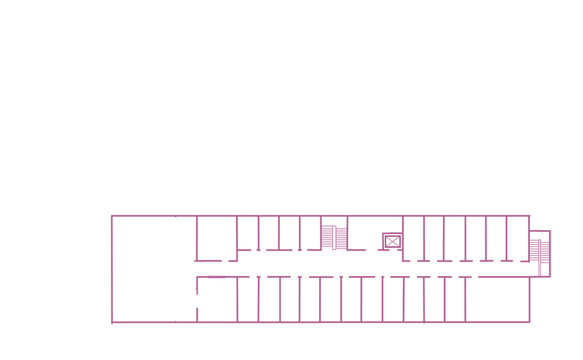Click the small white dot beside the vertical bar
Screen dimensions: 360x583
pyautogui.click(x=208, y=270)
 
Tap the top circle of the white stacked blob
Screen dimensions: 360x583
pyautogui.click(x=176, y=229)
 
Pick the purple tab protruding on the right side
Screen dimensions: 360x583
pyautogui.click(x=544, y=254)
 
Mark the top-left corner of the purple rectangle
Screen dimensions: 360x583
pyautogui.click(x=111, y=215)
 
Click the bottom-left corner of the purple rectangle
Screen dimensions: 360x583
pyautogui.click(x=111, y=323)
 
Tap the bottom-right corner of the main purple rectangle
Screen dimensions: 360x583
pyautogui.click(x=536, y=323)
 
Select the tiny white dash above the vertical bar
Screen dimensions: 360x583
pyautogui.click(x=217, y=274)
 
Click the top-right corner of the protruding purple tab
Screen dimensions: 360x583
pyautogui.click(x=551, y=230)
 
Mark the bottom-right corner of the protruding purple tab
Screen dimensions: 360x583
pyautogui.click(x=551, y=277)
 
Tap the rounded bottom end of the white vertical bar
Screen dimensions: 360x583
pyautogui.click(x=217, y=317)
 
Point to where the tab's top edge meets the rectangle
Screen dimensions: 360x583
pyautogui.click(x=536, y=230)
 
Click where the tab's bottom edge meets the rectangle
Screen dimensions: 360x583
pyautogui.click(x=536, y=278)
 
